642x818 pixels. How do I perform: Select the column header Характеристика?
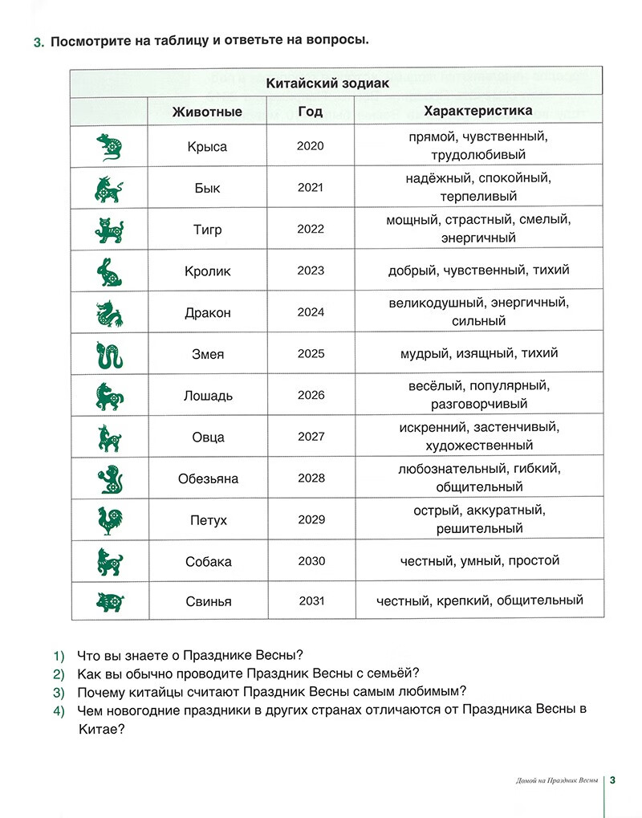tap(477, 111)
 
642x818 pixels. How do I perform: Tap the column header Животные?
tap(207, 112)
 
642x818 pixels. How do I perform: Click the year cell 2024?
tap(311, 312)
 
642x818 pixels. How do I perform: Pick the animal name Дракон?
tap(207, 313)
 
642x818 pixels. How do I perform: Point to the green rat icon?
tap(108, 147)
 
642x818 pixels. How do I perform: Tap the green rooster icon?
tap(108, 520)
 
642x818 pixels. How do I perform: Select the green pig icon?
tap(108, 601)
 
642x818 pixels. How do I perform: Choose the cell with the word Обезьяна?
tap(207, 479)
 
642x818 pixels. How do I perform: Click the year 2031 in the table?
tap(311, 601)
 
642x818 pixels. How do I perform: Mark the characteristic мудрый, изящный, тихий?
tap(478, 353)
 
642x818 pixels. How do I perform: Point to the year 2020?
tap(311, 146)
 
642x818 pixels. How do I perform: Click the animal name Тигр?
tap(207, 230)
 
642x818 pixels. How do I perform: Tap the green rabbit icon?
tap(108, 271)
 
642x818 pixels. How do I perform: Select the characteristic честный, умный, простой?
tap(479, 560)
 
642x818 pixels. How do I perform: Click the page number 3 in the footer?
tap(612, 780)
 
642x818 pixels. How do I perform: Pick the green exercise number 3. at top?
tap(39, 42)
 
